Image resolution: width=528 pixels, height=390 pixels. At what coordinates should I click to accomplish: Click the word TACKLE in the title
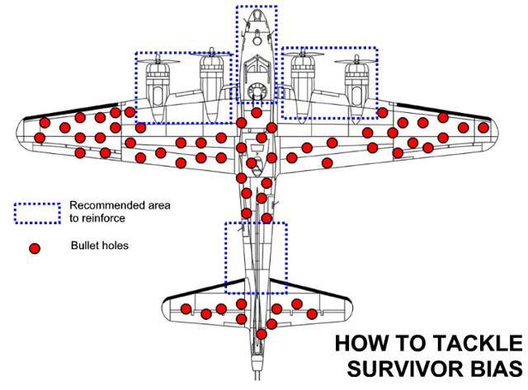click(477, 343)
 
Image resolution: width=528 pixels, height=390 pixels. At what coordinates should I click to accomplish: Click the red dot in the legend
click(35, 247)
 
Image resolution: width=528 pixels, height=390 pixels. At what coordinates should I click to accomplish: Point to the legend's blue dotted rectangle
click(37, 212)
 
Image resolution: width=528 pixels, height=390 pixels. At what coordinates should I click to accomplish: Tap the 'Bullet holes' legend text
click(99, 246)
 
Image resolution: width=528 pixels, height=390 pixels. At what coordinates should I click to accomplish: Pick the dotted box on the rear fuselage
click(256, 257)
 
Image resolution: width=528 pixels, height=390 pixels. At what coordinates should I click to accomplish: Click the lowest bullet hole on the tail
click(262, 334)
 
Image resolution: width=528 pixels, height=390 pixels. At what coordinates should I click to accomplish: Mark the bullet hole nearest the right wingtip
click(483, 128)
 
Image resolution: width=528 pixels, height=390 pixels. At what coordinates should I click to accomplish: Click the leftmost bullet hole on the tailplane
click(186, 309)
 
